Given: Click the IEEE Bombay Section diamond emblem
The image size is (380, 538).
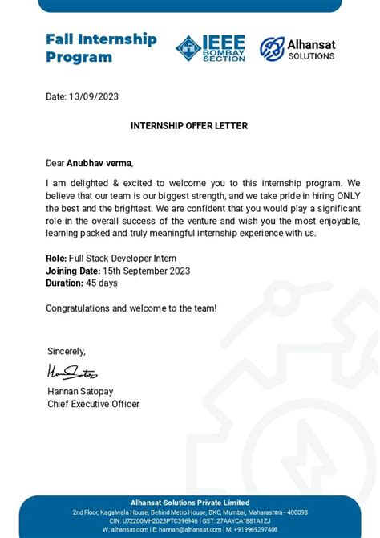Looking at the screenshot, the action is (x=189, y=49).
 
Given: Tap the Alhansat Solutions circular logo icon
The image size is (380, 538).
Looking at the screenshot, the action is (x=272, y=49).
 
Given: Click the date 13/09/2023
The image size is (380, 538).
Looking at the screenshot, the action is (x=93, y=96).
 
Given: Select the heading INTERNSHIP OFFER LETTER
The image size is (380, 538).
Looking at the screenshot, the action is (x=189, y=126).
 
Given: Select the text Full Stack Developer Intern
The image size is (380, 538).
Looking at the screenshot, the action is (x=123, y=259).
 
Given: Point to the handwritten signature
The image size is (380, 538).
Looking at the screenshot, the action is (x=72, y=373).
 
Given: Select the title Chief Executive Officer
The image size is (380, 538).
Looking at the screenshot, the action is (x=94, y=404).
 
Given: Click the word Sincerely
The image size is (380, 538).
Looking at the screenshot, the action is (x=67, y=351).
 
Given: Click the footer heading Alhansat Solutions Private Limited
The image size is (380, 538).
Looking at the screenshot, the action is (x=190, y=502).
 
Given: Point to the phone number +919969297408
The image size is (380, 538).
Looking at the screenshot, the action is (x=254, y=529).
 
